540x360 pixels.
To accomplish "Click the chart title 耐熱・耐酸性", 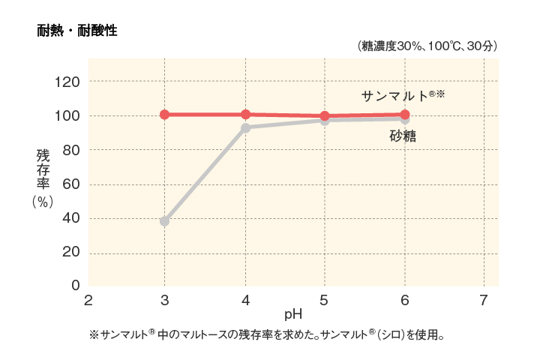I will click(77, 31).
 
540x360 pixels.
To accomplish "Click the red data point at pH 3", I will click(164, 115).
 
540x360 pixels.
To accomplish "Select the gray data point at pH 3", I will click(164, 221).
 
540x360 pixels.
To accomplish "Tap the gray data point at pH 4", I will click(245, 128).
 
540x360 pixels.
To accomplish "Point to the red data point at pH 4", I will click(245, 115).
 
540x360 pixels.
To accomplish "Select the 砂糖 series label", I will click(403, 136).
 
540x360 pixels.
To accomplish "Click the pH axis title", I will click(292, 313).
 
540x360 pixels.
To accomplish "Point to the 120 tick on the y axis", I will click(69, 81).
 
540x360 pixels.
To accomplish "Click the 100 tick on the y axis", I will click(69, 115).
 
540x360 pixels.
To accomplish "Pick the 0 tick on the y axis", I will click(75, 286).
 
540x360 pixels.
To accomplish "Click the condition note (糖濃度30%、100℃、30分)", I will click(427, 46).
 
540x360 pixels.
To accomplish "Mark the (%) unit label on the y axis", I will click(43, 202).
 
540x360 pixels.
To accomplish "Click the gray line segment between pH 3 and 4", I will click(205, 175).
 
